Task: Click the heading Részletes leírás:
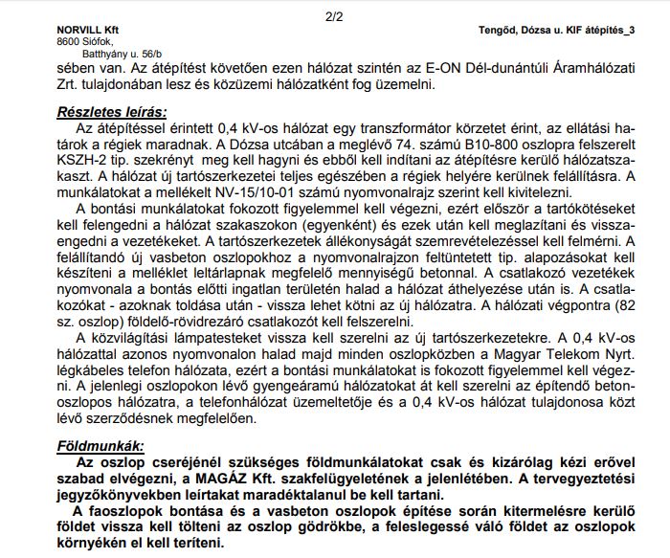(111, 110)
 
